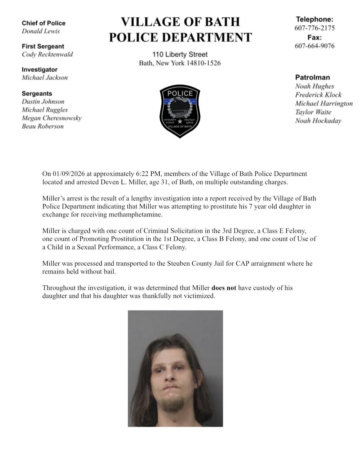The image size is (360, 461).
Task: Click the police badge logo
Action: point(180,111)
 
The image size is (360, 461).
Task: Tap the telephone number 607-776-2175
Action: point(314,28)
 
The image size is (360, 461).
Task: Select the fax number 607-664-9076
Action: point(314,46)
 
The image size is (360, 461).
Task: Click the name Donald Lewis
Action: point(41,31)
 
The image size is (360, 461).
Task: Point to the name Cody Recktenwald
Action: point(47,54)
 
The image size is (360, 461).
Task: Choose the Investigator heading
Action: point(39,69)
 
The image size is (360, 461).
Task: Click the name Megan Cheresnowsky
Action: point(51,118)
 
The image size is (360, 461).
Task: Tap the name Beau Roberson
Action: point(42,126)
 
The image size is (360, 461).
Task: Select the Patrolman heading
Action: point(312,77)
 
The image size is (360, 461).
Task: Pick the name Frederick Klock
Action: point(318,95)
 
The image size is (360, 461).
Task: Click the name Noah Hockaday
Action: point(318,121)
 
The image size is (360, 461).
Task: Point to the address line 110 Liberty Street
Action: point(180,54)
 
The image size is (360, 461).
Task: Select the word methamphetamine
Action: point(135,214)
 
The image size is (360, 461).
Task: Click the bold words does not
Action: point(224,288)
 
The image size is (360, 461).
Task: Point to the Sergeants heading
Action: point(37,94)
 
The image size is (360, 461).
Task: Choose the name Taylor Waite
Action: point(313,112)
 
